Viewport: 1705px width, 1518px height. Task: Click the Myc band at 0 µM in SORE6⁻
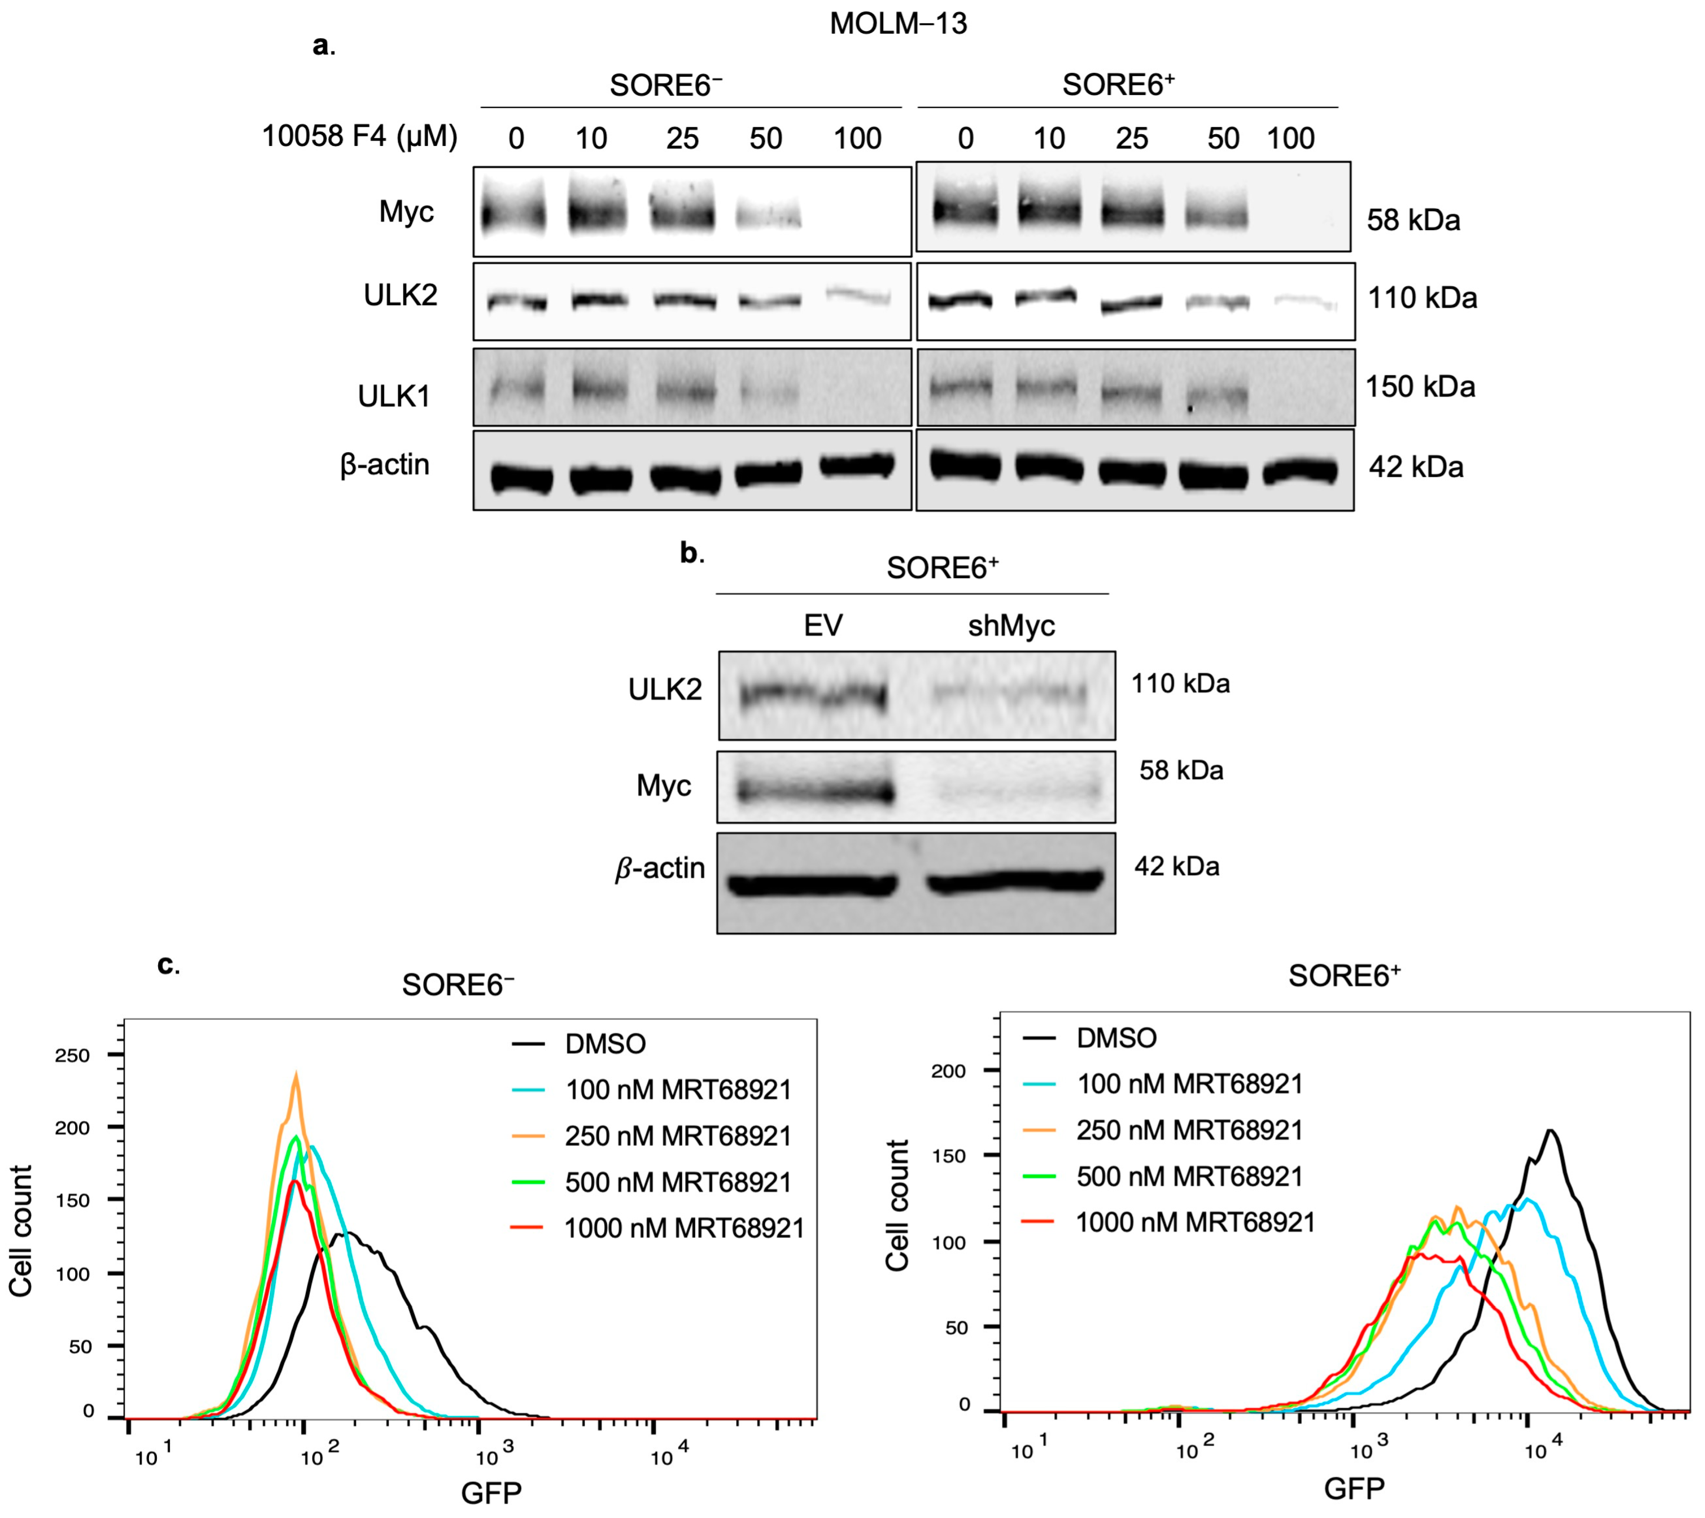point(514,215)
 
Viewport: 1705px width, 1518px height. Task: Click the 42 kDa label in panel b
point(1176,866)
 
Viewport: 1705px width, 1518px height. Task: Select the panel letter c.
point(168,965)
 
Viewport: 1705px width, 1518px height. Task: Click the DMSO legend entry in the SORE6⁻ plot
point(605,1043)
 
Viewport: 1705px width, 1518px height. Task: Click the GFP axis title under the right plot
point(1353,1488)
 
